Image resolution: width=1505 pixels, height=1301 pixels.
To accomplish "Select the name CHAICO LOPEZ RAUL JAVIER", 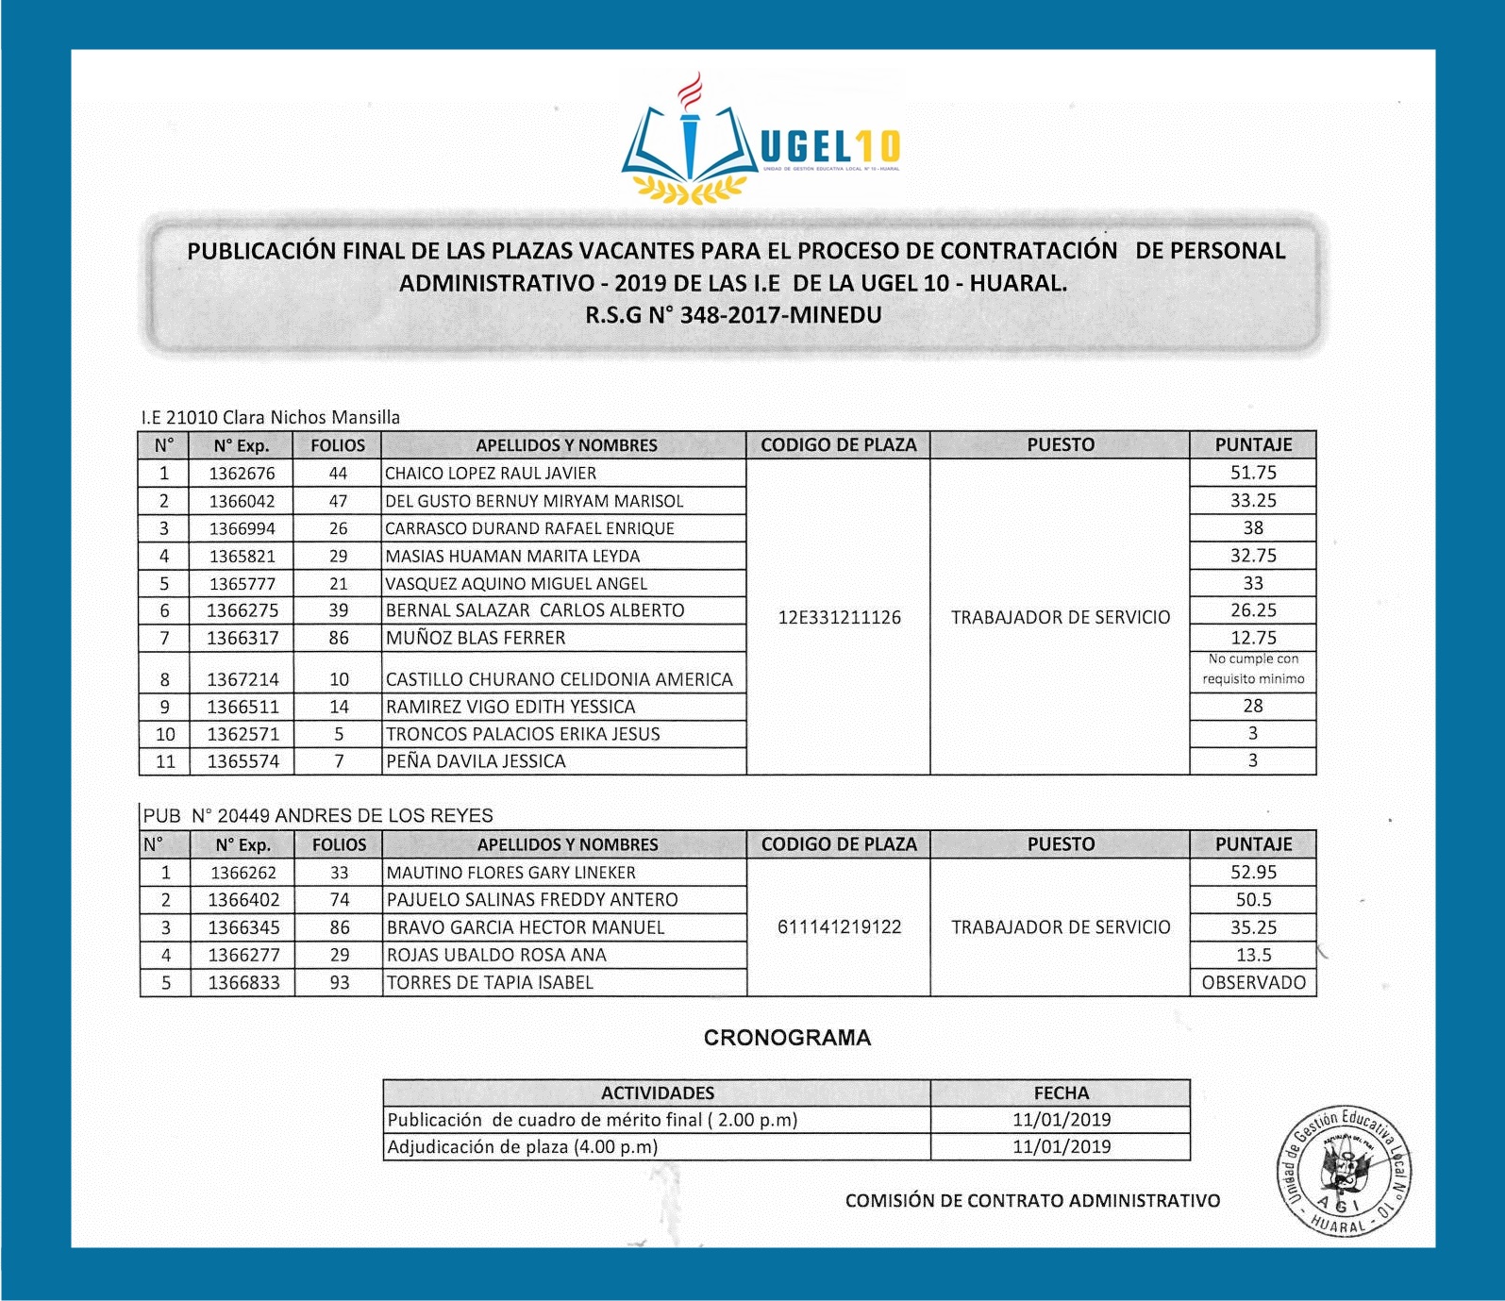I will pyautogui.click(x=491, y=474).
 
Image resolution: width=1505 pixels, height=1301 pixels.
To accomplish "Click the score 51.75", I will pyautogui.click(x=1253, y=473).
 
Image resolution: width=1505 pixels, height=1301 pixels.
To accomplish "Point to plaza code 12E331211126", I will pyautogui.click(x=839, y=618).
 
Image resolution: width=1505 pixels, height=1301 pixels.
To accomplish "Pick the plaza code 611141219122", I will pyautogui.click(x=839, y=927).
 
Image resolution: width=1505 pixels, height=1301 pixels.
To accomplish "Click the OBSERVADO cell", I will pyautogui.click(x=1253, y=982).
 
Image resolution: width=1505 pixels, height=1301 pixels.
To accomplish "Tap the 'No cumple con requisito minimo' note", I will pyautogui.click(x=1253, y=669).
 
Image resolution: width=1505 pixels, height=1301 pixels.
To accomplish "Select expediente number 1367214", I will pyautogui.click(x=242, y=679).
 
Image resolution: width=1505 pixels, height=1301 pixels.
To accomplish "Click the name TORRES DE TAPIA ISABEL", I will pyautogui.click(x=490, y=983).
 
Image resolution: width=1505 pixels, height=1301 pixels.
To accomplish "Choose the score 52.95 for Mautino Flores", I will pyautogui.click(x=1253, y=873).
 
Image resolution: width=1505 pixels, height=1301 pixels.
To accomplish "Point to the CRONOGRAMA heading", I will pyautogui.click(x=787, y=1038).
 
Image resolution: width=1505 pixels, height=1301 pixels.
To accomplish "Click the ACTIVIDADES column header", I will pyautogui.click(x=657, y=1093).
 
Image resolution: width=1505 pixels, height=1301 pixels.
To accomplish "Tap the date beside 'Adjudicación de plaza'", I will pyautogui.click(x=1062, y=1147).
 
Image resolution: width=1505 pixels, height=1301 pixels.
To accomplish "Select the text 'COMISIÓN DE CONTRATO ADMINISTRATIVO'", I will pyautogui.click(x=1032, y=1201).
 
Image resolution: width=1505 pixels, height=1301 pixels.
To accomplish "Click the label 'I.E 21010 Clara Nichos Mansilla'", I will pyautogui.click(x=271, y=417).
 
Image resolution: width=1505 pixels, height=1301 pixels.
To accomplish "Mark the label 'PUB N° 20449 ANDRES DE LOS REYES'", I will pyautogui.click(x=318, y=816).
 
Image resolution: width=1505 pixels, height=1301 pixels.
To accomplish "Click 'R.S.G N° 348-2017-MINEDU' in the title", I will pyautogui.click(x=733, y=315).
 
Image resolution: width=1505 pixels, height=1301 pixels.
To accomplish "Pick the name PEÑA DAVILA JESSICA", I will pyautogui.click(x=476, y=761).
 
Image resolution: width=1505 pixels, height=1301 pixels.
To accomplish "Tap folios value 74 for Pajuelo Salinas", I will pyautogui.click(x=339, y=900).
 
